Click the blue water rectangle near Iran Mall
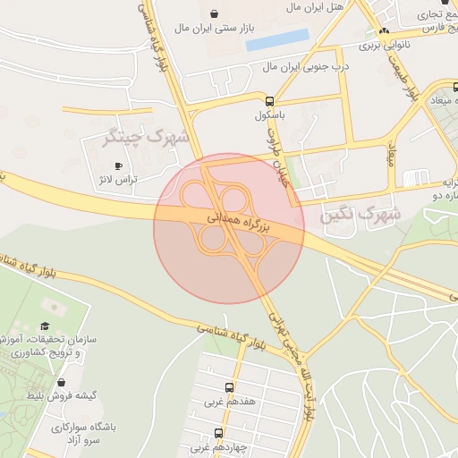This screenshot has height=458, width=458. click(x=276, y=40)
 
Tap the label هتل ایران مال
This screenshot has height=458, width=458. click(x=315, y=7)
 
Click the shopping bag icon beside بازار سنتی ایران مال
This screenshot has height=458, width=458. click(x=215, y=13)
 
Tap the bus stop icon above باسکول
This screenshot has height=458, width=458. click(x=270, y=100)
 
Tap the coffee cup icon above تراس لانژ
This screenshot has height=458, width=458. click(x=119, y=165)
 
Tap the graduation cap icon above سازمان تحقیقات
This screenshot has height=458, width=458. click(x=45, y=327)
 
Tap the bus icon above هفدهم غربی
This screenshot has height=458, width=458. click(x=230, y=388)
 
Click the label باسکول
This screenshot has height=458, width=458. click(x=269, y=115)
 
